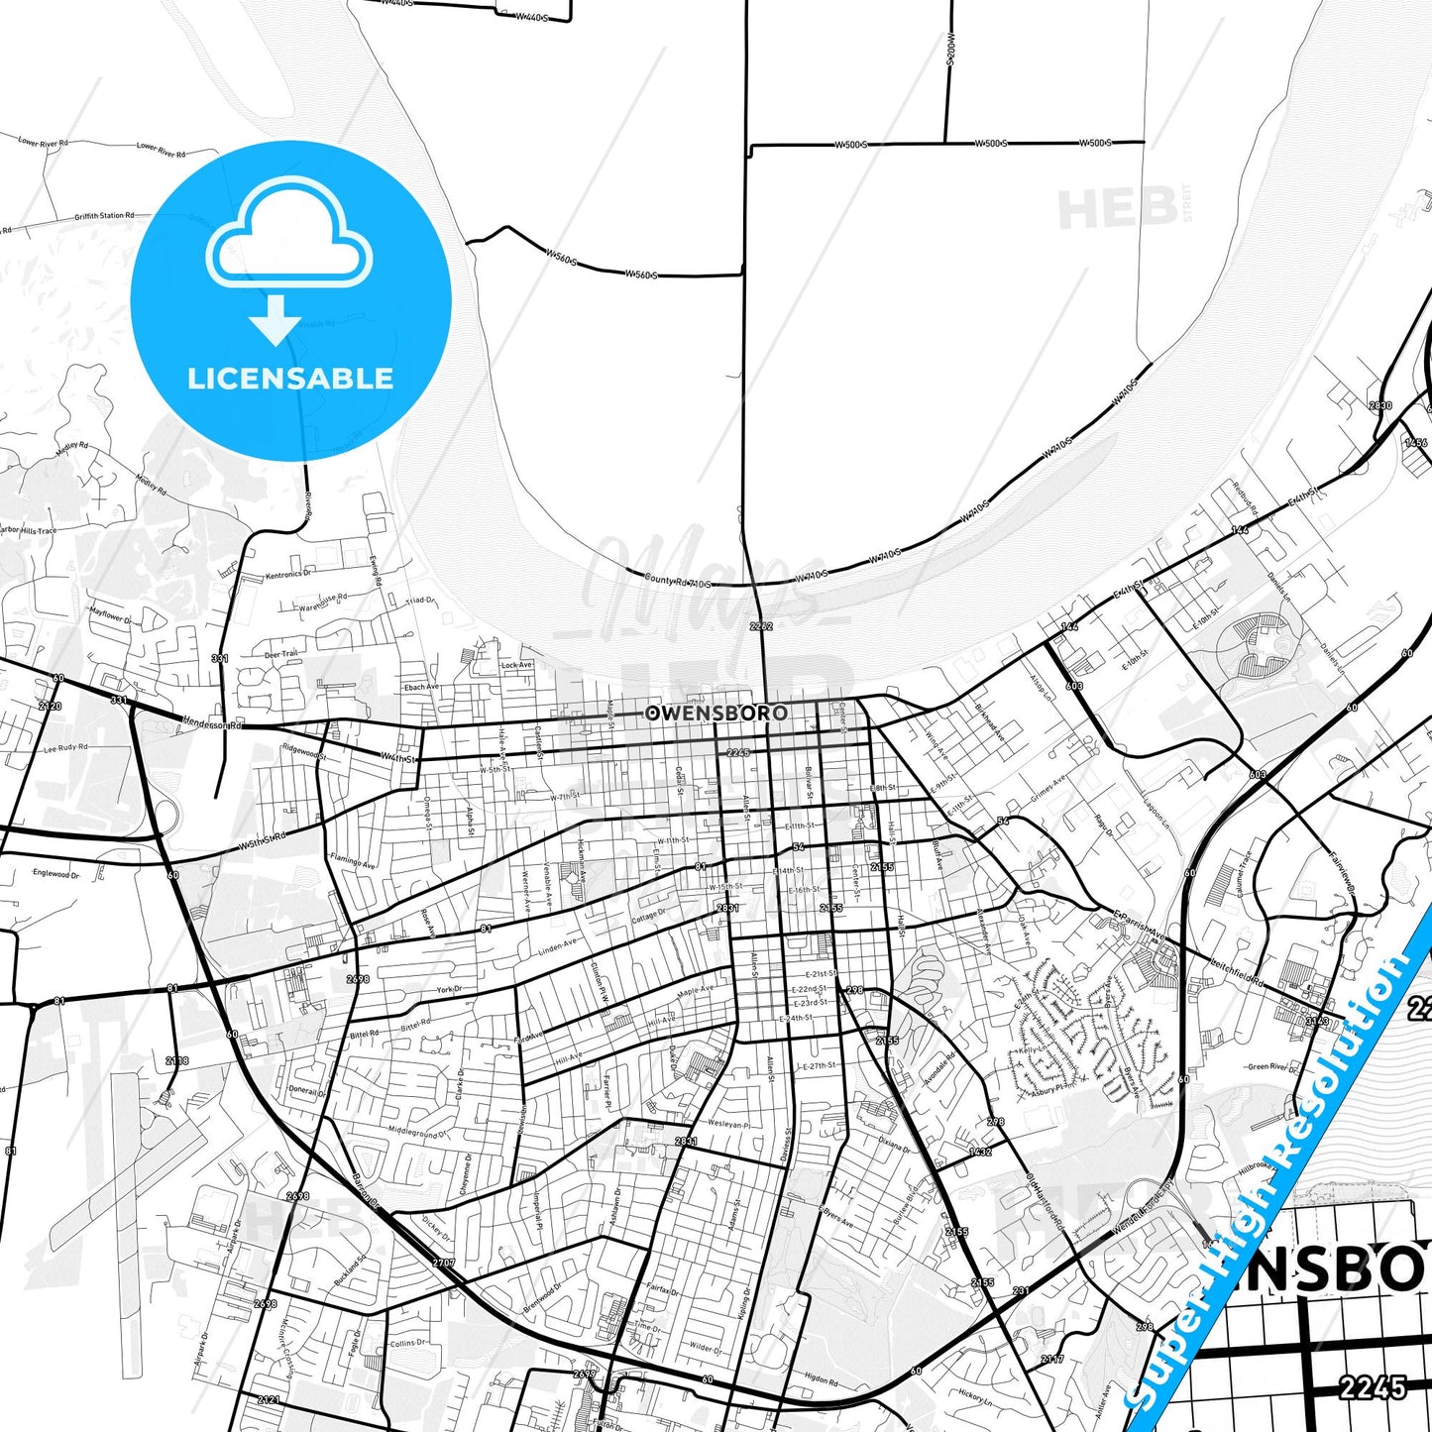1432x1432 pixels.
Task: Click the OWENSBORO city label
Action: pos(716,713)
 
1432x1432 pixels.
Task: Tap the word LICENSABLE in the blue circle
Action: pos(290,378)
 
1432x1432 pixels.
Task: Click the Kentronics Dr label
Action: pos(288,574)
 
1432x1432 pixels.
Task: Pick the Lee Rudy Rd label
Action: pos(66,748)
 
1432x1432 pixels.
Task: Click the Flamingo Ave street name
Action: pos(353,861)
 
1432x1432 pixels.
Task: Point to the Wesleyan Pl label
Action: pos(728,1124)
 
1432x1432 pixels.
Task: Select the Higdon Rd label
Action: pos(822,1377)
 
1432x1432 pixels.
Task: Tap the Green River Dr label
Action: pos(1271,1066)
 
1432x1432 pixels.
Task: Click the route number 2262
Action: pos(761,626)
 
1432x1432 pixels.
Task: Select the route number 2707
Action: pos(444,1263)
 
